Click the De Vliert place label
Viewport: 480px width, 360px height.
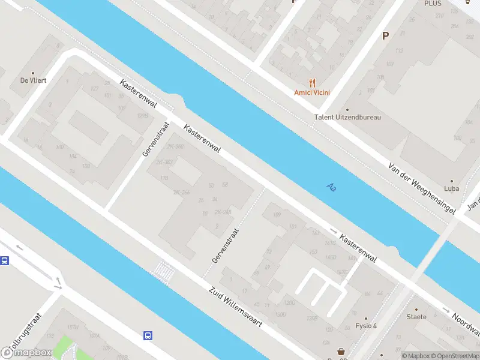34,80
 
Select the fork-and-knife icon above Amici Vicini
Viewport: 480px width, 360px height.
312,83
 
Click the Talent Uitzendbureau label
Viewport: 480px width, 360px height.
347,118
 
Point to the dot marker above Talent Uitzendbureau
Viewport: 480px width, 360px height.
347,110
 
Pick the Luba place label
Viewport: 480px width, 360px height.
452,188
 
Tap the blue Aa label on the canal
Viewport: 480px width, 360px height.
331,187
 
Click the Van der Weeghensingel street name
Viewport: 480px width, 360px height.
422,188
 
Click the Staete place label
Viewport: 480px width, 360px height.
416,317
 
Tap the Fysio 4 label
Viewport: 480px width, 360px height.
365,326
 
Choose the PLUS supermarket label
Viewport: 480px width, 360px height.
433,4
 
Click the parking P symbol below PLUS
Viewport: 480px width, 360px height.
385,35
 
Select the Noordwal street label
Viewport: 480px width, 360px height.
466,323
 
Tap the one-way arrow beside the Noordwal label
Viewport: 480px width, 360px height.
445,310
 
